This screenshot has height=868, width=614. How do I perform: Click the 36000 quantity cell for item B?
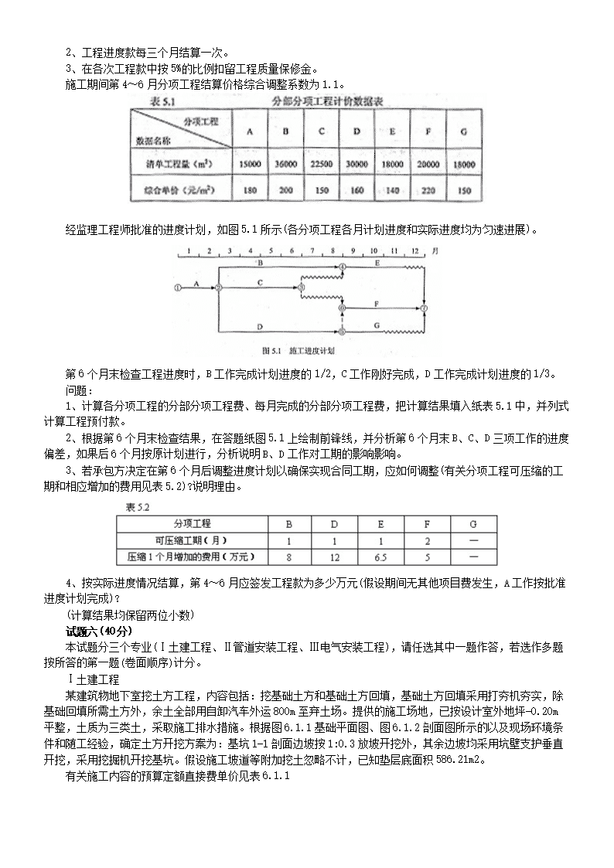pos(285,165)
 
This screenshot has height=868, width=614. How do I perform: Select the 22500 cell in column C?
pos(321,165)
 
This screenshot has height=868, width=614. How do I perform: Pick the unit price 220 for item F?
pos(428,189)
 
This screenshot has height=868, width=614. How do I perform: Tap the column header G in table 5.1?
pos(462,131)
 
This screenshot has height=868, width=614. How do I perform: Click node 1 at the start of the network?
pos(179,288)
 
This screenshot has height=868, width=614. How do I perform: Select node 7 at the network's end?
pos(425,308)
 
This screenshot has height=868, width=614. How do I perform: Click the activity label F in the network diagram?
pos(376,302)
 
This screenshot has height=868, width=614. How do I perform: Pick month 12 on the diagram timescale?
pos(414,251)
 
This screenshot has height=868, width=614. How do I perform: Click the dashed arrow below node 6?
pos(342,319)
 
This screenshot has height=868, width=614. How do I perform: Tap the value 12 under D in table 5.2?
pos(334,556)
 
